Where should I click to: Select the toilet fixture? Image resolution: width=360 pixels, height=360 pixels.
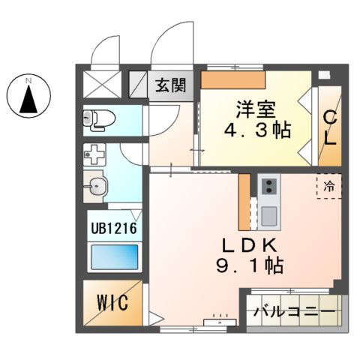pyautogui.click(x=97, y=118)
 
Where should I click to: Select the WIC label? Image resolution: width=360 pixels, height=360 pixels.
pyautogui.click(x=111, y=304)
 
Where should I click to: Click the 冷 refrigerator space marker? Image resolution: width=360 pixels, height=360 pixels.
pyautogui.click(x=329, y=184)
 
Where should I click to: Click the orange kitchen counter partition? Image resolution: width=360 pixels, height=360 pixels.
pyautogui.click(x=244, y=202)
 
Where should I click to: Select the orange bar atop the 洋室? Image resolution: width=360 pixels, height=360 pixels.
pyautogui.click(x=234, y=79)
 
